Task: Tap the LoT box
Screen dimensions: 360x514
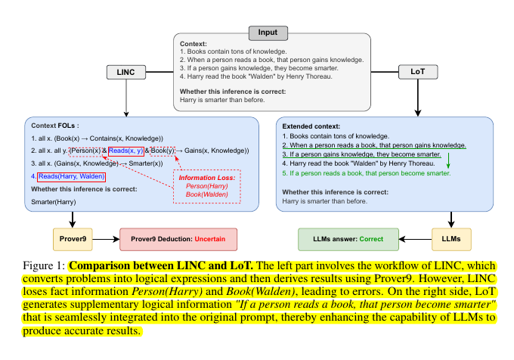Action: coord(416,73)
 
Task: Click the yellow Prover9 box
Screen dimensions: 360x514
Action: coord(73,239)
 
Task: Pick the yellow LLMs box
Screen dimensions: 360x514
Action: coord(451,239)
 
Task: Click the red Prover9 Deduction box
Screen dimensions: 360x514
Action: coord(178,239)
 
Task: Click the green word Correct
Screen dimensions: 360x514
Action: coord(371,239)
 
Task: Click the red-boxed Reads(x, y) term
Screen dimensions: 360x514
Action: coord(125,151)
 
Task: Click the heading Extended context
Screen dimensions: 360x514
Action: coord(311,126)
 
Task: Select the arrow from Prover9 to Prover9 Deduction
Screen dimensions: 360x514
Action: coord(107,239)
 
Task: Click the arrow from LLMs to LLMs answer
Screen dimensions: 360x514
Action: coord(415,239)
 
